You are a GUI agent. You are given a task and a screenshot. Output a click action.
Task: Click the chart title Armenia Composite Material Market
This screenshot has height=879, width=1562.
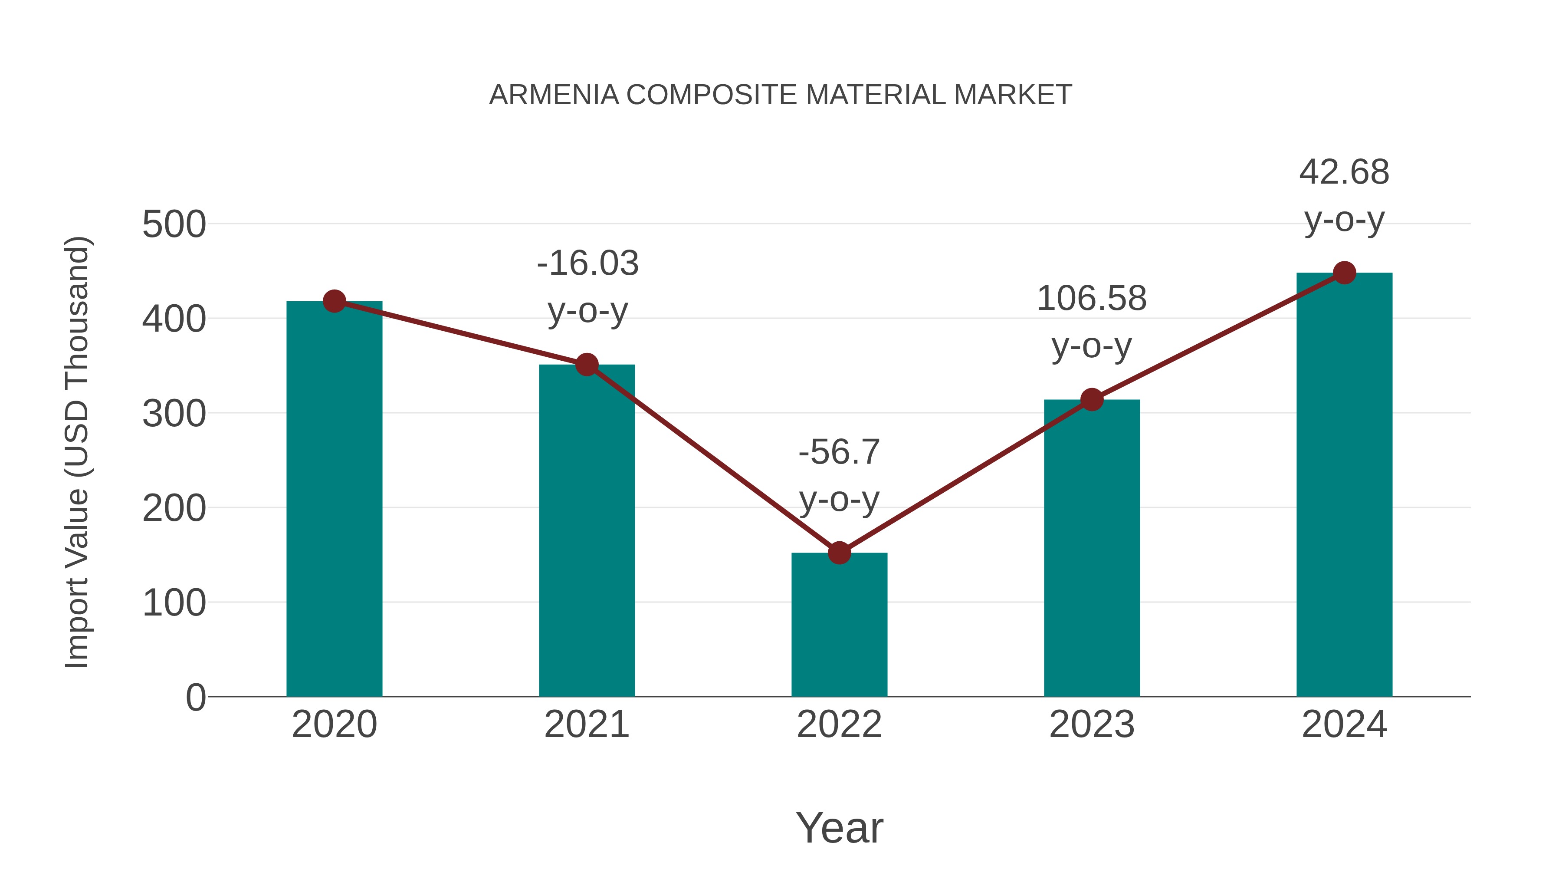[781, 95]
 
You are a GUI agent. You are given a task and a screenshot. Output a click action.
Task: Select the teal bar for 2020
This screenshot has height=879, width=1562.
[334, 504]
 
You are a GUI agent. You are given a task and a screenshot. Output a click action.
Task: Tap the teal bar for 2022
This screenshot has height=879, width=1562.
[839, 628]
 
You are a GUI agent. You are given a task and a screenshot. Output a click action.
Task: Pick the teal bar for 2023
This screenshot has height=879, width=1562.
[1092, 552]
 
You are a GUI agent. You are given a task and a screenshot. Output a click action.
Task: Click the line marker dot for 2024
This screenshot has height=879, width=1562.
[1344, 273]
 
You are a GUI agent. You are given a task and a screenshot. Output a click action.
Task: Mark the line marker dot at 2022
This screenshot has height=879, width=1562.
[839, 553]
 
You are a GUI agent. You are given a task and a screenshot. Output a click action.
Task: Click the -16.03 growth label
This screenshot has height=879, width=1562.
[587, 263]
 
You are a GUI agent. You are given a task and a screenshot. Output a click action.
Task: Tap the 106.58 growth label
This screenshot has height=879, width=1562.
[1092, 299]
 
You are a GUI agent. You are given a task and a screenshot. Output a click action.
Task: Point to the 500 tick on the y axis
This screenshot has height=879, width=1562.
[174, 224]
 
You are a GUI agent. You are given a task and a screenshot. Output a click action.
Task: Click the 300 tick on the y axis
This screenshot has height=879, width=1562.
[174, 415]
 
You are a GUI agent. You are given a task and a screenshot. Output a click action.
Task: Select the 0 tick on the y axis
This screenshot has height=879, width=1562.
[195, 697]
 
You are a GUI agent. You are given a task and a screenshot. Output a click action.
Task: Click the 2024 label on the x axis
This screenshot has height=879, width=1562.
[1344, 724]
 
